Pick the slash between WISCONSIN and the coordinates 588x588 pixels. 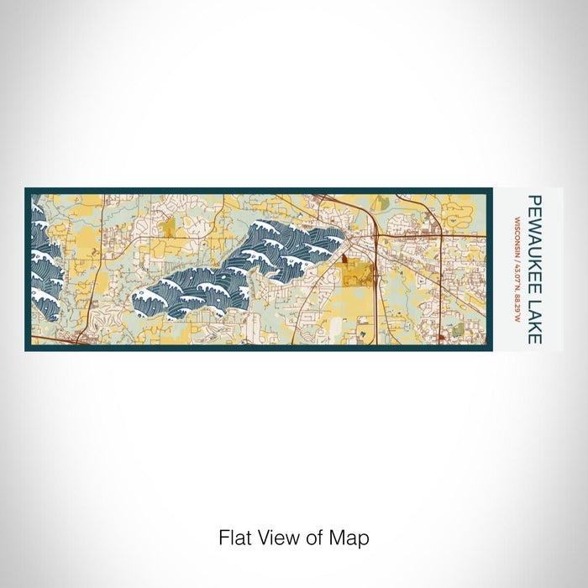pos(515,259)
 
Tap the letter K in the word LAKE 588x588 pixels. pos(534,326)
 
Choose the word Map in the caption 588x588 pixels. pos(351,538)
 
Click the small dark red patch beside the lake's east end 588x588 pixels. pos(344,261)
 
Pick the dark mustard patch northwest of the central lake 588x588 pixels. pos(168,227)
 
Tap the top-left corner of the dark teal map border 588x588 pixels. pos(27,190)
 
